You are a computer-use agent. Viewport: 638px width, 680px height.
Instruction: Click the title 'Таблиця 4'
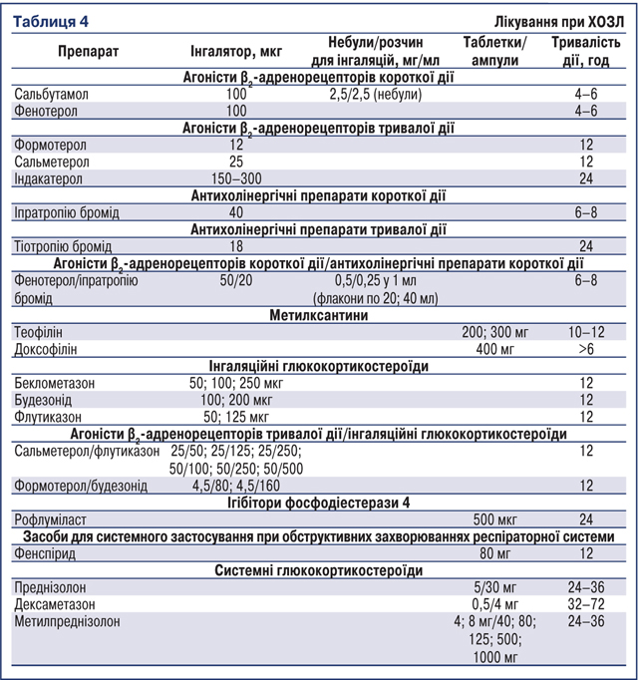pyautogui.click(x=49, y=20)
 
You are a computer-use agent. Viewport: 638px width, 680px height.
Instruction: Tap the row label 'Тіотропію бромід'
pyautogui.click(x=63, y=246)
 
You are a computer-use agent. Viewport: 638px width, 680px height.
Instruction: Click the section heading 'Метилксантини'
pyautogui.click(x=319, y=314)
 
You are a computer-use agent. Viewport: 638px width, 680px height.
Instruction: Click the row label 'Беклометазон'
pyautogui.click(x=56, y=383)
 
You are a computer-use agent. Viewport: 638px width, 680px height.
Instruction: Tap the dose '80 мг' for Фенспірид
pyautogui.click(x=498, y=553)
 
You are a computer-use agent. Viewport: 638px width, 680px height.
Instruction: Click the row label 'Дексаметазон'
pyautogui.click(x=57, y=604)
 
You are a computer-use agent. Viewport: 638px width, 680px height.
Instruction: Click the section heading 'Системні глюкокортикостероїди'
pyautogui.click(x=319, y=570)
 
